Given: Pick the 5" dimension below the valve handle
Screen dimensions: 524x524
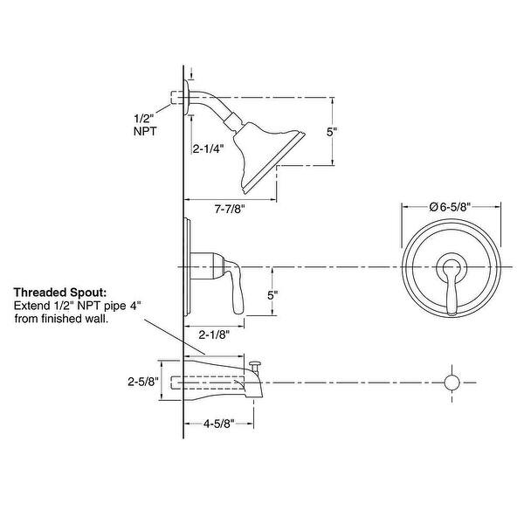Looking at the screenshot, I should tap(273, 296).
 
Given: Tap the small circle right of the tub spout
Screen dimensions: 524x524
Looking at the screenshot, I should tap(452, 383).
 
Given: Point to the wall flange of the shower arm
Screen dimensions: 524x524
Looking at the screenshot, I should tap(186, 100).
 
